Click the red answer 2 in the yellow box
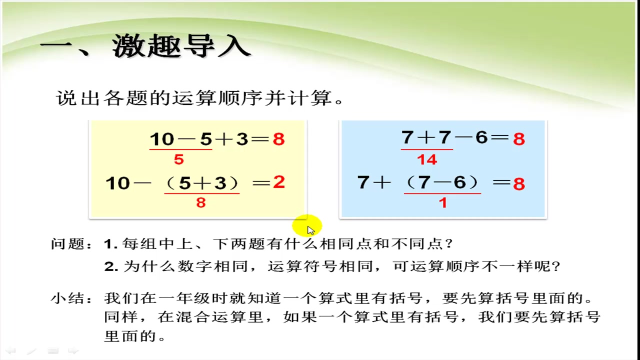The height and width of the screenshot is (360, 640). [x=278, y=182]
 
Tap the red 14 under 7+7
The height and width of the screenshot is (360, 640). [x=426, y=159]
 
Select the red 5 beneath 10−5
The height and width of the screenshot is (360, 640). [x=178, y=159]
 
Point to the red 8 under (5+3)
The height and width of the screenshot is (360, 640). [x=201, y=202]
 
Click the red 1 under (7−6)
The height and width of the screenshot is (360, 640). [x=442, y=202]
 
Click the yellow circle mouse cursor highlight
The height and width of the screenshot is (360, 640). [x=307, y=226]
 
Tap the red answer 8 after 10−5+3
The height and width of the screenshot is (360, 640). [x=278, y=139]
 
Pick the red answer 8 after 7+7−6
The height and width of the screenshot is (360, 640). [x=518, y=139]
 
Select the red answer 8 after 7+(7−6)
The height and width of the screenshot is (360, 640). [x=518, y=184]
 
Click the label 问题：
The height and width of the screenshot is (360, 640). [x=72, y=244]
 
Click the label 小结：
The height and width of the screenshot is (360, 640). [x=72, y=299]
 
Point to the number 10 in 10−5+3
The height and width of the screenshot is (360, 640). [x=160, y=139]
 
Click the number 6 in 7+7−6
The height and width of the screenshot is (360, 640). [x=481, y=138]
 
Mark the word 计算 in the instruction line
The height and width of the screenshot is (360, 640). [x=318, y=98]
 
